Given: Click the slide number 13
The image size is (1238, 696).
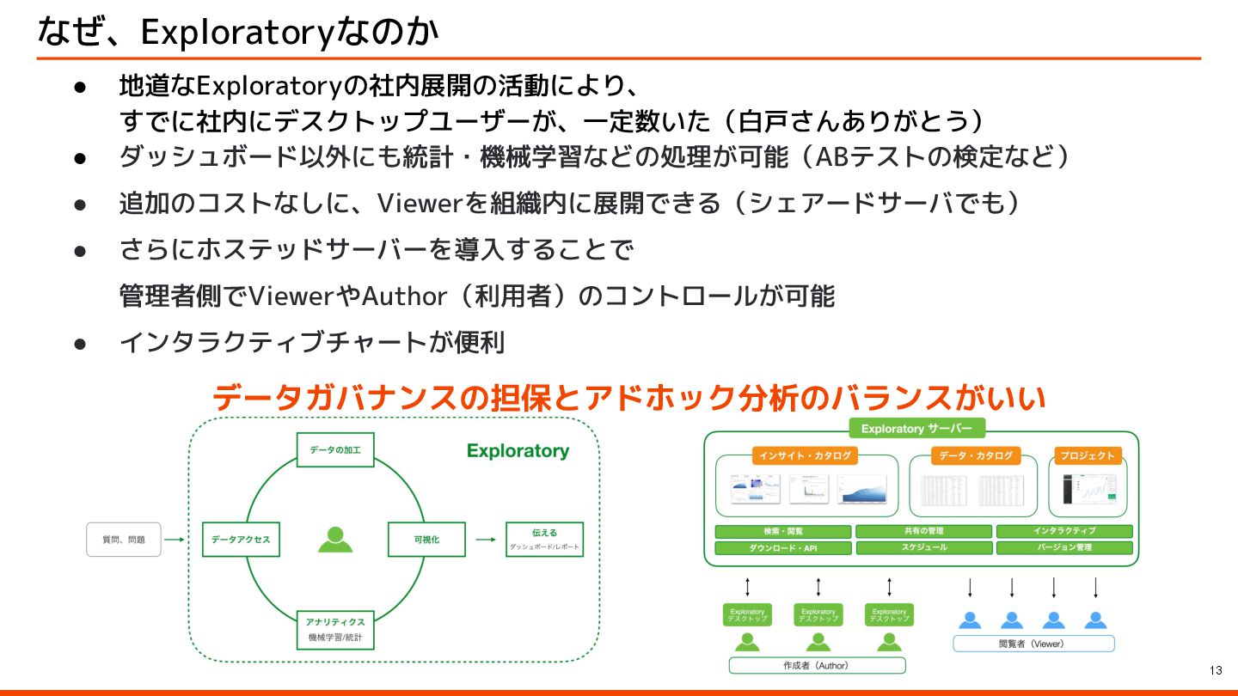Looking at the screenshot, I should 1215,670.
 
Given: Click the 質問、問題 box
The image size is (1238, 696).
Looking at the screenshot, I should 124,540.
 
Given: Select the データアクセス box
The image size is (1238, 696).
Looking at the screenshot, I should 241,540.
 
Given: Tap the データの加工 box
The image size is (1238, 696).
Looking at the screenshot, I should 335,449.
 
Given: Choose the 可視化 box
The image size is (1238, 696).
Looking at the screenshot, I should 426,540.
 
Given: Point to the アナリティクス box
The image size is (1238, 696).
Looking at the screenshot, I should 335,629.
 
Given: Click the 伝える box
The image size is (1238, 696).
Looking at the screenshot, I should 544,539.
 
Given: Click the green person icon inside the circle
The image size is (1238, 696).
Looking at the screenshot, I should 335,539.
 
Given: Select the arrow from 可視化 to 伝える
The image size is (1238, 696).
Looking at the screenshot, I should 486,540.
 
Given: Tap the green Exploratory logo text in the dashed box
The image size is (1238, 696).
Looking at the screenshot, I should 518,451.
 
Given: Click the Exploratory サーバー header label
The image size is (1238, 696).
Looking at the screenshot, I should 916,429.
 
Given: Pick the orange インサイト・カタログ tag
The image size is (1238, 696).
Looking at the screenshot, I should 805,455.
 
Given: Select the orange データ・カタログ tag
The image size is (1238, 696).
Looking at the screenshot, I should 976,455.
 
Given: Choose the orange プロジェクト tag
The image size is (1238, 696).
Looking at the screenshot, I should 1087,455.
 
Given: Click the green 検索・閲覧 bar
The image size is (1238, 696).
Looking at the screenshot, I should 782,531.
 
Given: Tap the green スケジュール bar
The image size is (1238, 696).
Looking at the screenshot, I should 923,547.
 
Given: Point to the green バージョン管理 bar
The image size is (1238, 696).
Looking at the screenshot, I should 1064,547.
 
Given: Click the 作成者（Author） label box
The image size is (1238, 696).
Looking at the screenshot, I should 817,665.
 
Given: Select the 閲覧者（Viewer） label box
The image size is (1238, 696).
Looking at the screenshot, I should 1033,644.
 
